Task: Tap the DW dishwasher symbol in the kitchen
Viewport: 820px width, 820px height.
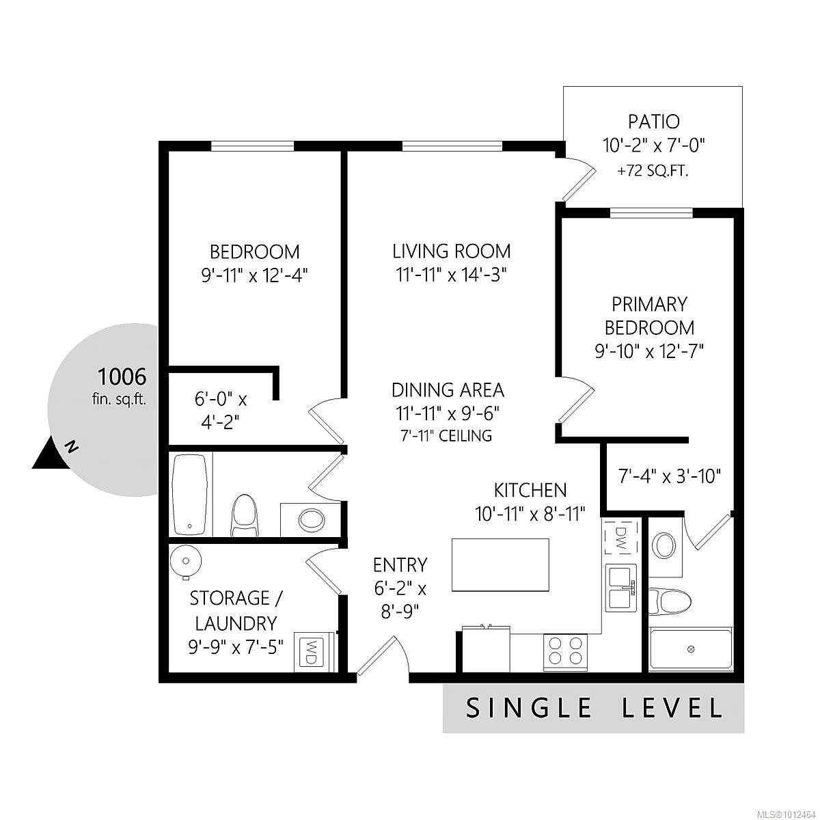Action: (621, 538)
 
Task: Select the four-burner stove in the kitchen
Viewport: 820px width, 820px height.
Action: (565, 653)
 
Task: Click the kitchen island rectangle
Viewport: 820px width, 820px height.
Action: (500, 564)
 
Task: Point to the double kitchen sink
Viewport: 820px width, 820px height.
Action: (621, 588)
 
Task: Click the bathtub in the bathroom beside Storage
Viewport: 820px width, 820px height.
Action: (190, 495)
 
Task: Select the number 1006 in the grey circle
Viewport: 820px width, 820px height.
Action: (122, 377)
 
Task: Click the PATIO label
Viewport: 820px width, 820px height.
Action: (654, 122)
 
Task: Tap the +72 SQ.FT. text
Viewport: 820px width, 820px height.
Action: (653, 172)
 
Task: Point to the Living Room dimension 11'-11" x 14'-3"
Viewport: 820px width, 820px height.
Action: (452, 275)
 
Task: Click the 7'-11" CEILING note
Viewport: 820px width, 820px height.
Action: (446, 436)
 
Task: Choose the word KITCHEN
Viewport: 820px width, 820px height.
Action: (530, 491)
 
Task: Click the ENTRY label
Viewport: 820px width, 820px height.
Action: (400, 565)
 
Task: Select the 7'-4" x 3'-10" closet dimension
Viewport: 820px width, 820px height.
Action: (670, 476)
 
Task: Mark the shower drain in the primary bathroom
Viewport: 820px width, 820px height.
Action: (691, 649)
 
